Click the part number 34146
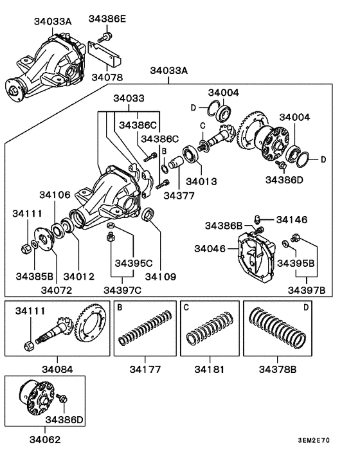click(291, 220)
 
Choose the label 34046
click(212, 247)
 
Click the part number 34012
click(79, 277)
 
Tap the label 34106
click(55, 194)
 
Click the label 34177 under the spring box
click(145, 370)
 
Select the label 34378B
click(278, 370)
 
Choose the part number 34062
click(40, 442)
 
